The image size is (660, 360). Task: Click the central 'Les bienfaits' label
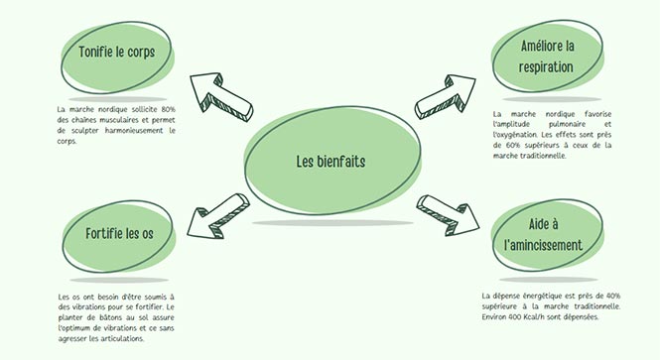point(330,162)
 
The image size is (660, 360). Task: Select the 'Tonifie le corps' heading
point(116,53)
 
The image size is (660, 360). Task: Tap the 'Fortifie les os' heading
point(119,233)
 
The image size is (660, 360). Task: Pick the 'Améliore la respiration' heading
point(547,57)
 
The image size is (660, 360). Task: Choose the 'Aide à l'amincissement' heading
point(544,235)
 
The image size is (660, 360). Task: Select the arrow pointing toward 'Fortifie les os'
point(219,215)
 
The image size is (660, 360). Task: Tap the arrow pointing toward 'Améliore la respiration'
point(446,96)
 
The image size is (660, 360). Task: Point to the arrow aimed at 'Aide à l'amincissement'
point(448,214)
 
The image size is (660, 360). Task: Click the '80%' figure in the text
point(168,109)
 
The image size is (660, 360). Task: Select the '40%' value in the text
point(613,296)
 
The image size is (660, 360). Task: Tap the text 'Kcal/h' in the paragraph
point(534,316)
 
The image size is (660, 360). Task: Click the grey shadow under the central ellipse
point(332,223)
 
